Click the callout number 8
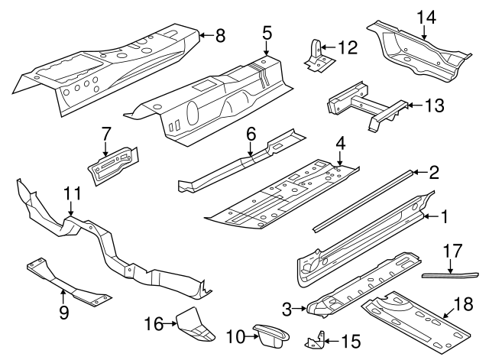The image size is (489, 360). pyautogui.click(x=220, y=34)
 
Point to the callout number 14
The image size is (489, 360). pyautogui.click(x=426, y=16)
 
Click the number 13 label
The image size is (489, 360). pyautogui.click(x=433, y=105)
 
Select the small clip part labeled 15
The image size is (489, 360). pyautogui.click(x=319, y=339)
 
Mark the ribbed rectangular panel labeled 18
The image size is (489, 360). pyautogui.click(x=416, y=319)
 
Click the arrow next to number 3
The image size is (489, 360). pyautogui.click(x=300, y=310)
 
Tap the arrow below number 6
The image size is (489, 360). pyautogui.click(x=250, y=155)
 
